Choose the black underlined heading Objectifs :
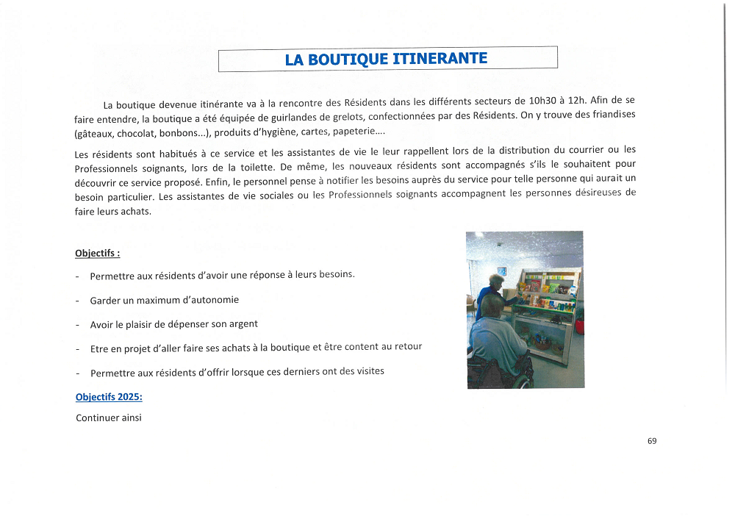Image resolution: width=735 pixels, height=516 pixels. tap(97, 254)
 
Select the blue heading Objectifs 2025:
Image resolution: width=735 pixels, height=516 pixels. tap(109, 397)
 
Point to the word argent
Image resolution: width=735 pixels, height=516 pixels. tap(243, 323)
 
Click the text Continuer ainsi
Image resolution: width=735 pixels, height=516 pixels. tap(108, 418)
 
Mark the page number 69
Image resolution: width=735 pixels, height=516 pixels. tap(652, 441)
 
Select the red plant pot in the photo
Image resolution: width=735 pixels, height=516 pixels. tap(578, 317)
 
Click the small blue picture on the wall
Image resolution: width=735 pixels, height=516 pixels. tap(502, 270)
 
